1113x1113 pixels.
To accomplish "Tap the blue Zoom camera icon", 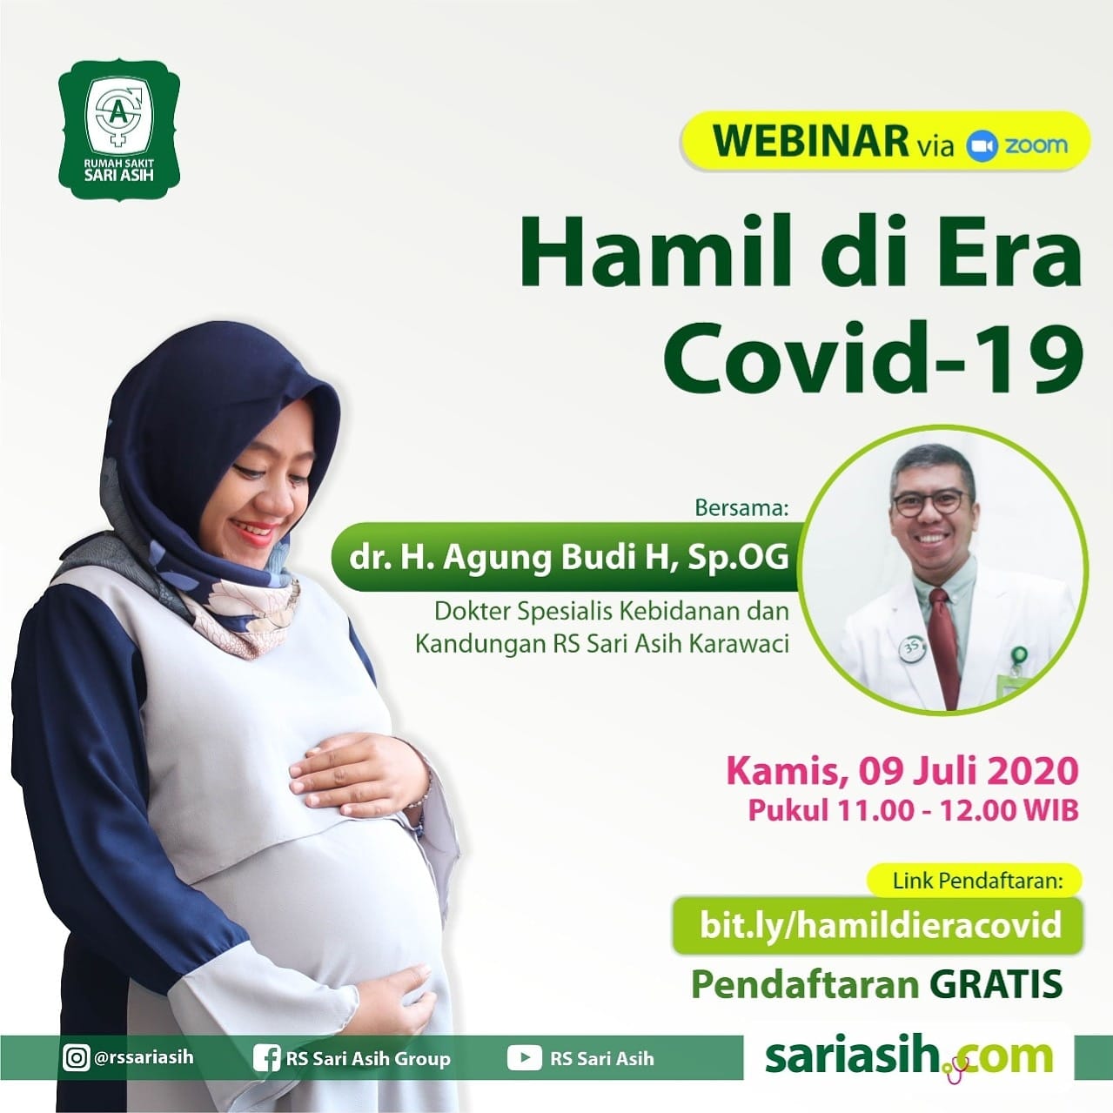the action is pyautogui.click(x=982, y=146).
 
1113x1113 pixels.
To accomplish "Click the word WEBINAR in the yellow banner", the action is pyautogui.click(x=810, y=141).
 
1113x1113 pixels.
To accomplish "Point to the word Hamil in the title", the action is pyautogui.click(x=656, y=253).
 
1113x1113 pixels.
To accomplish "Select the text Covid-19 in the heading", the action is pyautogui.click(x=871, y=357).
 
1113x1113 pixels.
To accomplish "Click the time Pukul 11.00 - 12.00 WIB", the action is pyautogui.click(x=913, y=810).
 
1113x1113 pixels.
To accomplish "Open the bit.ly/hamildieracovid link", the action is pyautogui.click(x=881, y=925).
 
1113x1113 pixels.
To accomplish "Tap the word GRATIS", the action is pyautogui.click(x=996, y=983).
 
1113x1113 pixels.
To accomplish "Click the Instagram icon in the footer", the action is pyautogui.click(x=76, y=1059).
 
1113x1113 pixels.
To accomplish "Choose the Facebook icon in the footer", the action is pyautogui.click(x=267, y=1059).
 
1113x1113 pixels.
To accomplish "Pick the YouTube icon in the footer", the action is pyautogui.click(x=524, y=1059).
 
